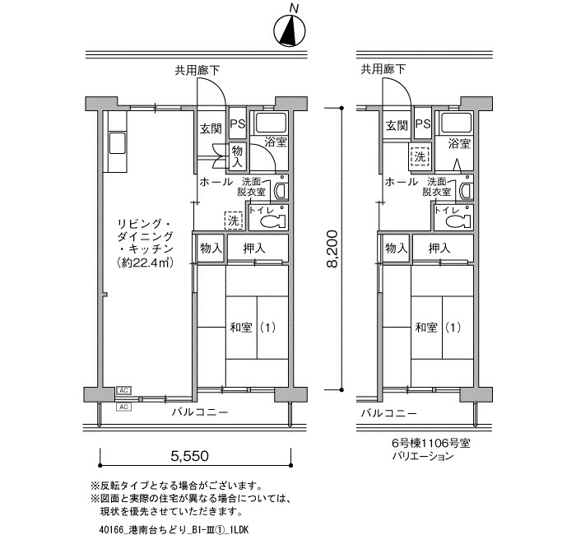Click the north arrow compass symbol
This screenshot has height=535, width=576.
coord(290,31)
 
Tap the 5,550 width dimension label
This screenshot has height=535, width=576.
coord(189,456)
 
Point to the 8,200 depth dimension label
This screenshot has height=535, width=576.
coord(332,249)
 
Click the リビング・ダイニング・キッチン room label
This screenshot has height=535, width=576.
coord(145,236)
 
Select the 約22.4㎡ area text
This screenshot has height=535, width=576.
coord(145,263)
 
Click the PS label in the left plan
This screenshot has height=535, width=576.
coord(238,123)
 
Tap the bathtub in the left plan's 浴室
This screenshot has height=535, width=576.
coord(271,123)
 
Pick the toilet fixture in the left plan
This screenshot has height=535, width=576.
coord(273,221)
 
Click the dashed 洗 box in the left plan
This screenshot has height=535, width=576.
coord(234,221)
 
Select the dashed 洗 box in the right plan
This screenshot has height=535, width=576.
coord(420,156)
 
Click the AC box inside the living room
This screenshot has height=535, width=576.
coord(123,390)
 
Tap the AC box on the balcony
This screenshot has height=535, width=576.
coord(123,407)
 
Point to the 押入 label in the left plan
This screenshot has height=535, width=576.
coord(253,249)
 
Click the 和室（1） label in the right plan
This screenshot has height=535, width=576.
coord(437,328)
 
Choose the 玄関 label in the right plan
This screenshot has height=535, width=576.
coord(397,126)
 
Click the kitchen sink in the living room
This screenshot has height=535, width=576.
coord(117,143)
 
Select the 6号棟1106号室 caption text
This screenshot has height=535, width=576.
coord(431,443)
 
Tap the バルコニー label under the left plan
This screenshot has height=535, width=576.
coord(200,412)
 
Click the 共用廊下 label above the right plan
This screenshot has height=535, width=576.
coord(383,69)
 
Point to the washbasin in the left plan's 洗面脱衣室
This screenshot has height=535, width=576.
coord(281,188)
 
